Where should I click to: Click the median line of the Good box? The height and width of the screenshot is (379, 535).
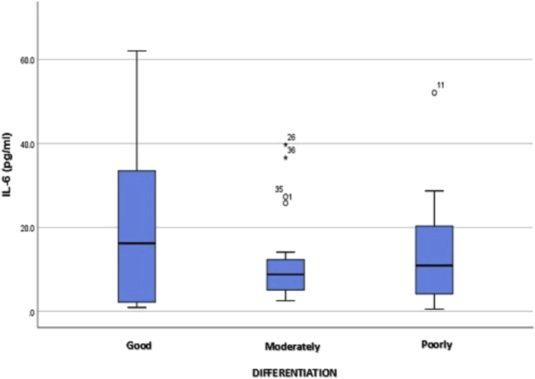click(x=137, y=243)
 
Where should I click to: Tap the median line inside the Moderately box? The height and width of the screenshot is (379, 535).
click(x=285, y=274)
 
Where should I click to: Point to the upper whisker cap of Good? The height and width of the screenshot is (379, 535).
click(x=137, y=51)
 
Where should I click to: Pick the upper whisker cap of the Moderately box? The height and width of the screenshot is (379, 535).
click(x=285, y=251)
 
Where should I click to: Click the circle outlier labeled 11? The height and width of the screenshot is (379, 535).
click(x=434, y=93)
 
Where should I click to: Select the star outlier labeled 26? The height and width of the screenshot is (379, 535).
click(x=285, y=144)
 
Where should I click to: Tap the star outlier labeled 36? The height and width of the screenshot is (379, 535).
click(x=285, y=158)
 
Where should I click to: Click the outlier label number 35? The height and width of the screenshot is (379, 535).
click(x=279, y=189)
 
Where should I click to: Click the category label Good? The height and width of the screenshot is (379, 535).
click(x=140, y=346)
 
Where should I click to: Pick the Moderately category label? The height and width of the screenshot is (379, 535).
click(x=292, y=346)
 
